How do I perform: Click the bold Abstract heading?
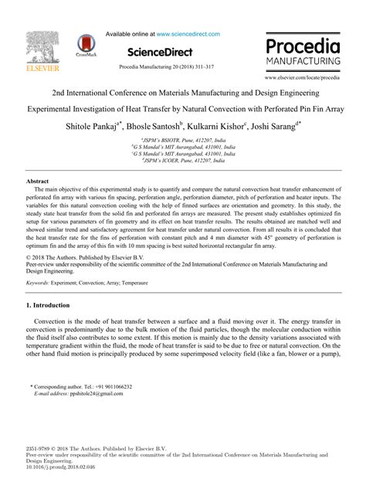pos(39,202)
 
